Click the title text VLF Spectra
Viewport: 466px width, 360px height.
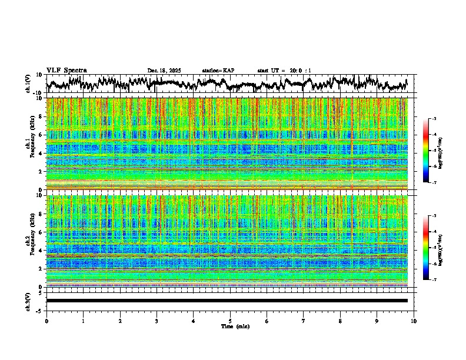pyautogui.click(x=66, y=70)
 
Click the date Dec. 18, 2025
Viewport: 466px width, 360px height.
pyautogui.click(x=164, y=71)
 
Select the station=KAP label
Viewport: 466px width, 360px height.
pyautogui.click(x=218, y=71)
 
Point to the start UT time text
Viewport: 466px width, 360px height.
pyautogui.click(x=284, y=71)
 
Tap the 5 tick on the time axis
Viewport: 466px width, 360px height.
pyautogui.click(x=230, y=321)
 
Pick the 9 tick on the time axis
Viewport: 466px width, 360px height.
pyautogui.click(x=377, y=321)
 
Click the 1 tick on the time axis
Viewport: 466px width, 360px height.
pyautogui.click(x=83, y=321)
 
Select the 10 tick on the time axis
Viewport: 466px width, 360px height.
pyautogui.click(x=414, y=321)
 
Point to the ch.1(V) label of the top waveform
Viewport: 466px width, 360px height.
pyautogui.click(x=28, y=84)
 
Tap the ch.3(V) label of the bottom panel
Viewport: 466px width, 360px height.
pyautogui.click(x=28, y=301)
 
